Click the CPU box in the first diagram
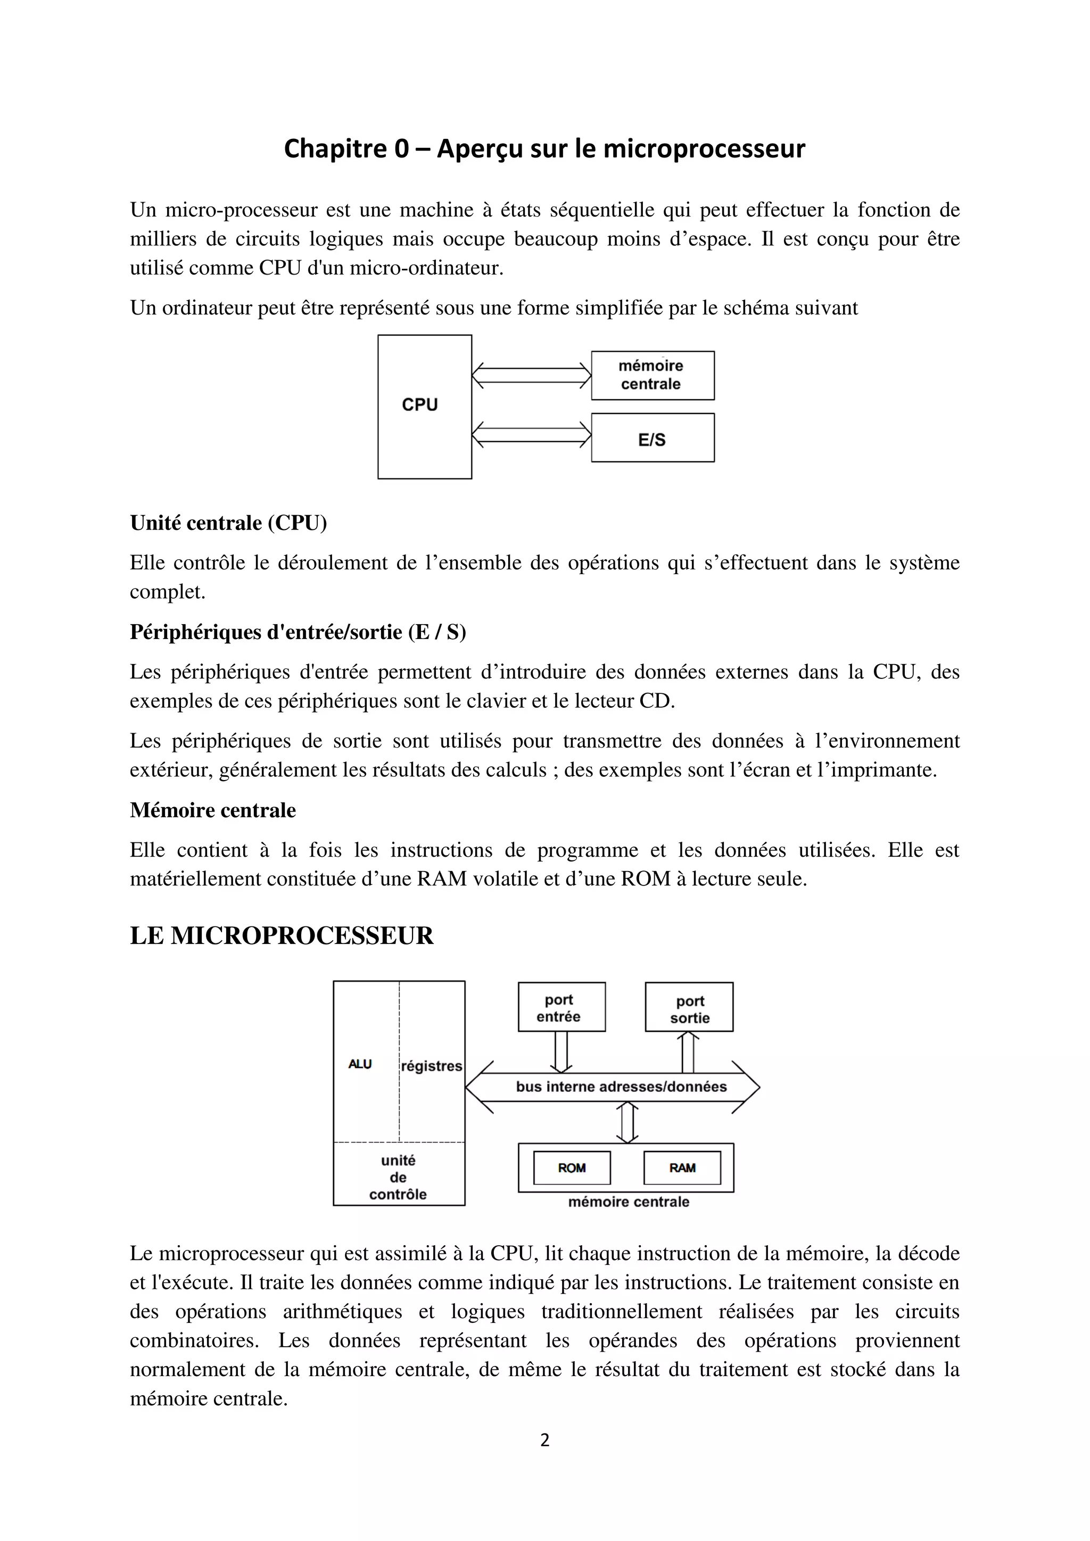pos(424,406)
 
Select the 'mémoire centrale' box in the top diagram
pos(652,375)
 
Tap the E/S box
pos(652,437)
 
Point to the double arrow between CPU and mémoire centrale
pos(531,375)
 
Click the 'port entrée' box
pos(561,1007)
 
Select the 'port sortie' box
pos(689,1007)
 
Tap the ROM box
pos(571,1168)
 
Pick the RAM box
pos(682,1168)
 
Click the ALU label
pos(360,1064)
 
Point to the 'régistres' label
pos(432,1066)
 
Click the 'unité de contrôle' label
pos(398,1177)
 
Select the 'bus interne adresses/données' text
pos(621,1087)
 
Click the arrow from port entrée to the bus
pos(561,1051)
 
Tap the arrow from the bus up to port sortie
pos(687,1051)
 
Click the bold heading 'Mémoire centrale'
pos(213,810)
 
